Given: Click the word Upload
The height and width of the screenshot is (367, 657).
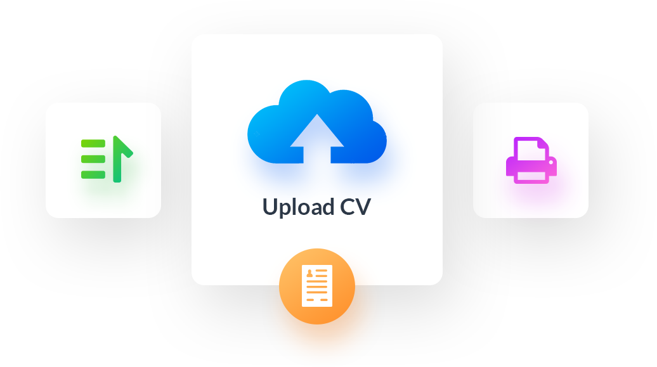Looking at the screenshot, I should click(x=298, y=207).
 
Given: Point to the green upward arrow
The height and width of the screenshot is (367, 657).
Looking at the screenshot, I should click(x=119, y=159).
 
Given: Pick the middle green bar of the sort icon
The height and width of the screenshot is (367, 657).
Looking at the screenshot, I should click(x=93, y=158).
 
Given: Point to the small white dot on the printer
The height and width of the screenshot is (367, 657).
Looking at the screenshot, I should click(x=551, y=163).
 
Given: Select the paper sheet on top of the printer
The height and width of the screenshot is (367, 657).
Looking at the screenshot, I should click(x=531, y=147).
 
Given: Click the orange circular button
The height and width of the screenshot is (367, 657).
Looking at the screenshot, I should click(x=316, y=286).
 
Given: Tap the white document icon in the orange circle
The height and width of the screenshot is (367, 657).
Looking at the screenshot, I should click(x=316, y=286).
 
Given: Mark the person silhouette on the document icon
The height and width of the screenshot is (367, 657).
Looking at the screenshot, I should click(x=309, y=274).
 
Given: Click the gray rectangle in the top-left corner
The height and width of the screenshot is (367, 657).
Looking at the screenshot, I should click(x=67, y=28).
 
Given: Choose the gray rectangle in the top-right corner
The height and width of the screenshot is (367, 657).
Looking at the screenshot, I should click(x=590, y=28).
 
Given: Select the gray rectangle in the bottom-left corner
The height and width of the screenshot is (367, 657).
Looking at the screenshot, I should click(x=67, y=338).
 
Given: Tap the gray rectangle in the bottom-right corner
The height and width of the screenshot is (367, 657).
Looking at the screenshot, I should click(x=590, y=338).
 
